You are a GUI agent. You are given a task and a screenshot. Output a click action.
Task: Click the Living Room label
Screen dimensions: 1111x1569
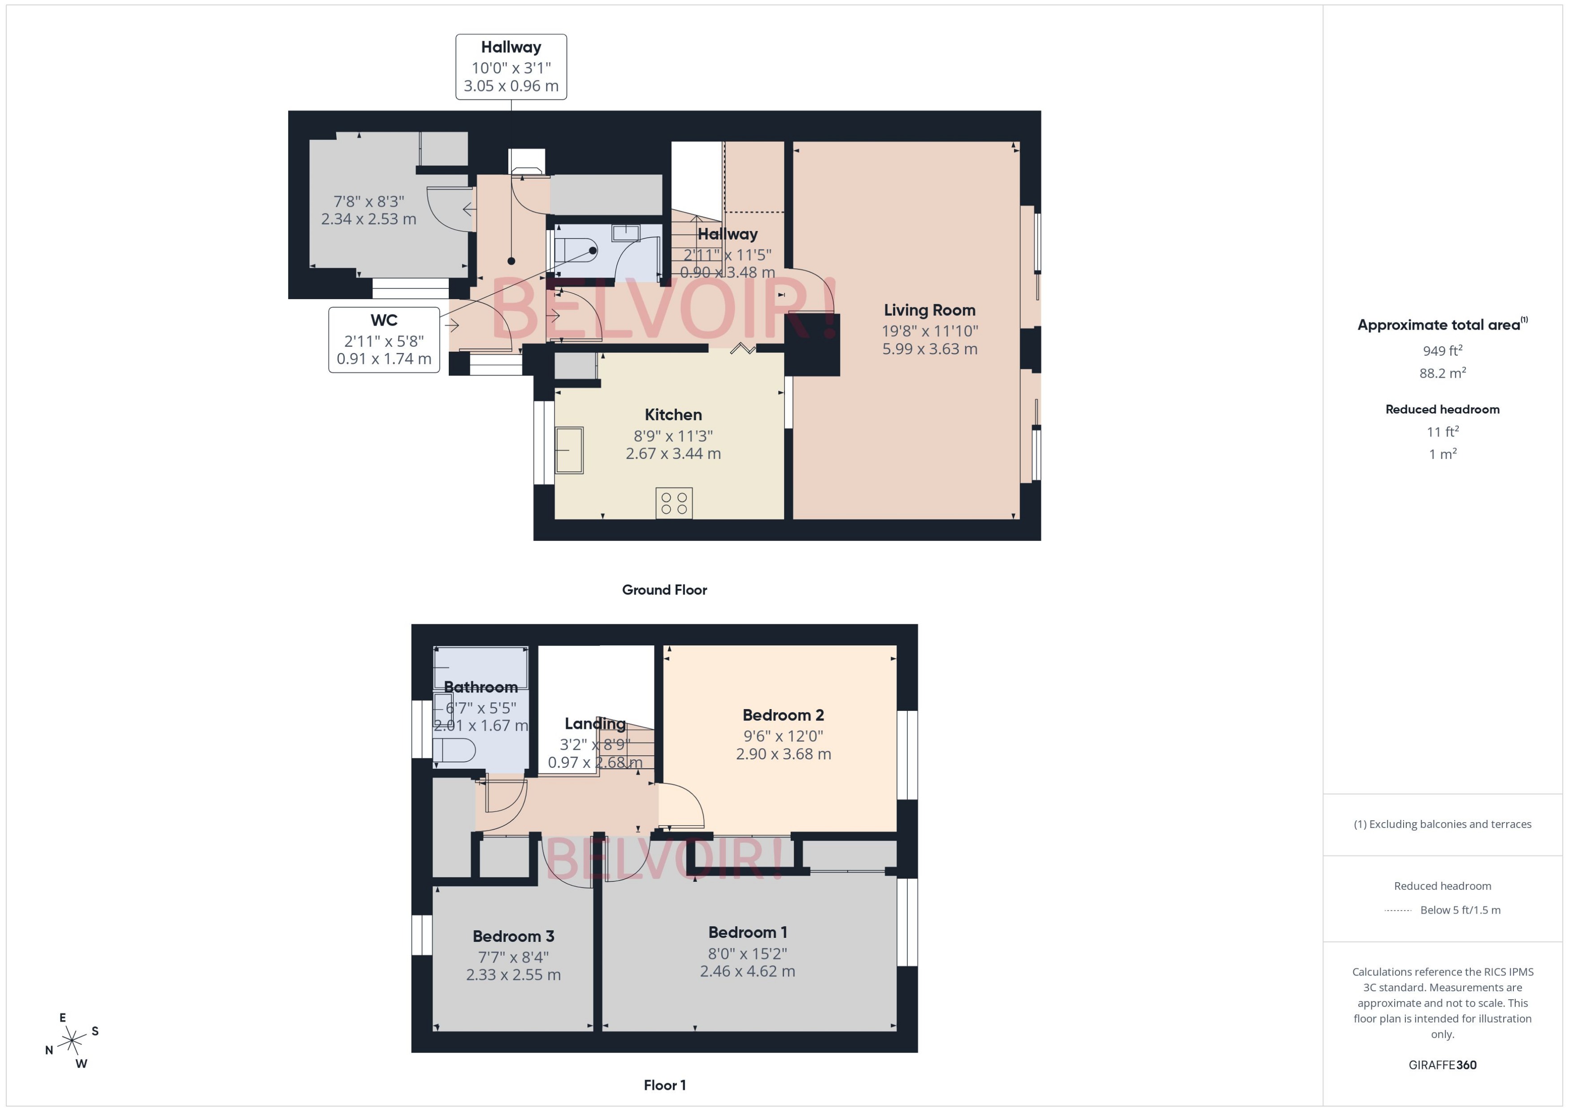point(929,310)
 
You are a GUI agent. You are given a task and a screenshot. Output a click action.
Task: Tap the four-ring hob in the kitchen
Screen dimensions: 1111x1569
point(673,503)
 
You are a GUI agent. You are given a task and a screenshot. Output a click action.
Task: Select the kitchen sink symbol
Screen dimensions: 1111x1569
point(569,450)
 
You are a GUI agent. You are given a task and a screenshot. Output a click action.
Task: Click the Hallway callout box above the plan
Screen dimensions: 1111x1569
point(511,67)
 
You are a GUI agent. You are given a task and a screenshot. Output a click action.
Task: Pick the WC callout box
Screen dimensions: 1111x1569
point(384,340)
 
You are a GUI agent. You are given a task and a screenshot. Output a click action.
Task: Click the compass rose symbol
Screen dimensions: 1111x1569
point(72,1041)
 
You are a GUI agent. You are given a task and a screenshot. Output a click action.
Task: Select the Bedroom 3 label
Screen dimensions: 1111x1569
point(513,936)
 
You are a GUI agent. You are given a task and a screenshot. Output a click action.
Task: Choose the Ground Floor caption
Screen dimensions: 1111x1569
point(664,590)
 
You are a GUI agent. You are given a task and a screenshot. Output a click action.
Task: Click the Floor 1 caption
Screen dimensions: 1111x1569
point(664,1085)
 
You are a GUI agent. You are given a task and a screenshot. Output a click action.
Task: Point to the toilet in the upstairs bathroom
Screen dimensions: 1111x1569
point(454,750)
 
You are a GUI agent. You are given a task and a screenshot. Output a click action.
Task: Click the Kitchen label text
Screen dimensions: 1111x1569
point(673,414)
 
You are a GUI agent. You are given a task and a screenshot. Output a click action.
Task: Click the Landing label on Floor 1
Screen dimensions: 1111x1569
point(595,724)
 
